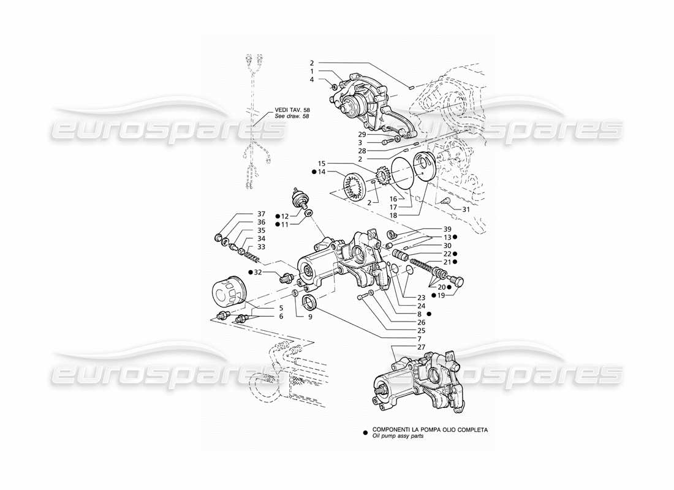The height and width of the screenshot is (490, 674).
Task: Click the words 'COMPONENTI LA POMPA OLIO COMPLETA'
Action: [x=430, y=429]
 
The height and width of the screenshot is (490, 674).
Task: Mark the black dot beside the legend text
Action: [x=365, y=431]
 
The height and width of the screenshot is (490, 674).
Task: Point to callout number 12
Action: [x=285, y=216]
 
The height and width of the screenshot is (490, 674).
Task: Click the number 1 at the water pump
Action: [x=311, y=72]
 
